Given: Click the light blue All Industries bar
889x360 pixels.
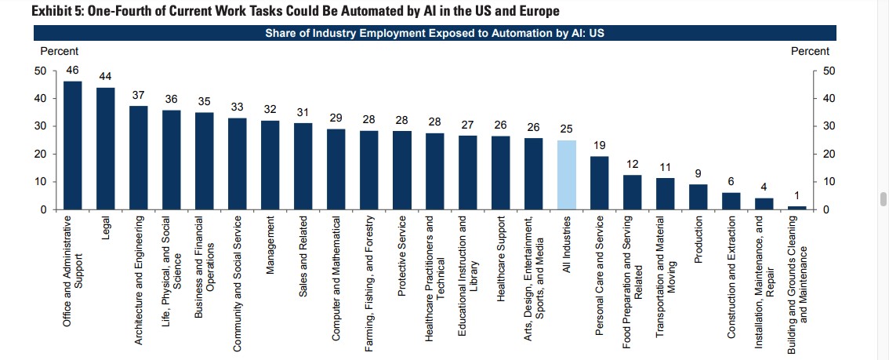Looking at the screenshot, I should [565, 175].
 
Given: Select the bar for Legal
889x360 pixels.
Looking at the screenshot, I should [106, 148].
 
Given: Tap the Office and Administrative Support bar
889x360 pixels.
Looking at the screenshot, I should [73, 145].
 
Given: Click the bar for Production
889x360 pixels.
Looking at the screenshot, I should [697, 197].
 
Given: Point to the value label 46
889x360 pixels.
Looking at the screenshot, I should [73, 70].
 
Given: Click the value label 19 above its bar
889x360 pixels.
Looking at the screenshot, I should [598, 145].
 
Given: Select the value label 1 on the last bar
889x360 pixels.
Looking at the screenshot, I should [796, 195].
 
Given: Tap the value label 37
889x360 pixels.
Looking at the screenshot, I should [139, 95].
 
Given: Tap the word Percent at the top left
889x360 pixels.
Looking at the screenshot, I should [59, 51].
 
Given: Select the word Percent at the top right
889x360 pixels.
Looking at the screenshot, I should [810, 51].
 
